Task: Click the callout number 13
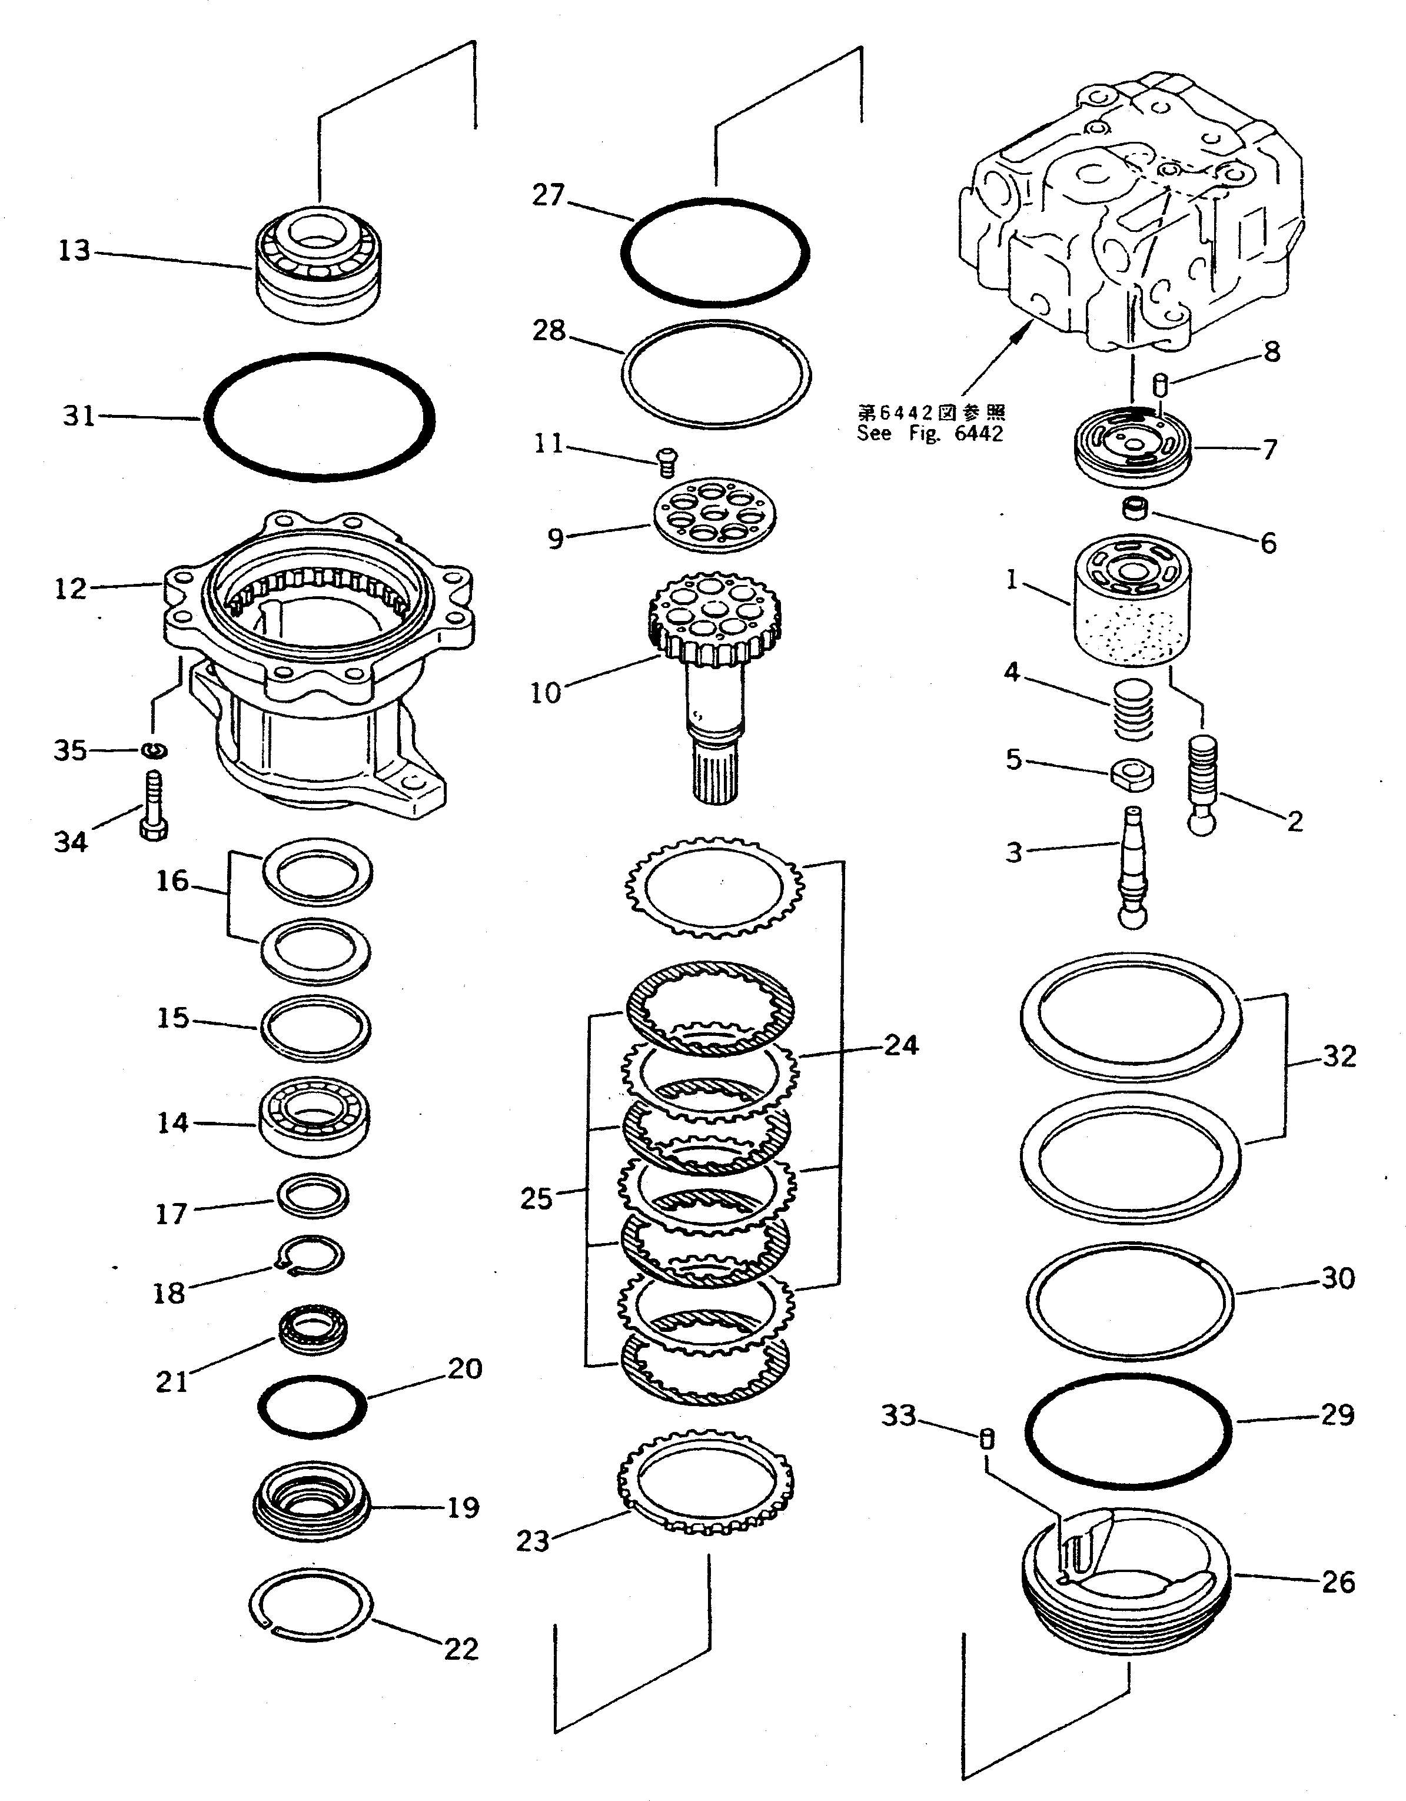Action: (74, 250)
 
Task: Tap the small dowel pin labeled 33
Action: (986, 1439)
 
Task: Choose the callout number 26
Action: (1338, 1581)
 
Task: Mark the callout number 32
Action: (1339, 1056)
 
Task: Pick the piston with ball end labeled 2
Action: (1202, 783)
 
